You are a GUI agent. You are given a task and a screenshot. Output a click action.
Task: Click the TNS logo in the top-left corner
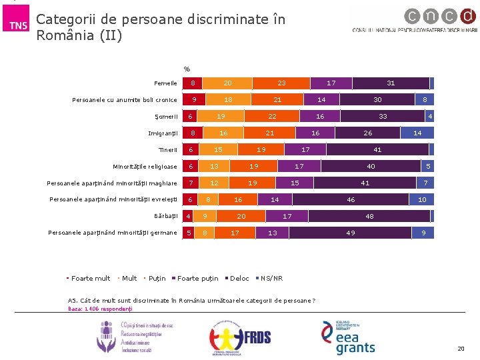(x=18, y=25)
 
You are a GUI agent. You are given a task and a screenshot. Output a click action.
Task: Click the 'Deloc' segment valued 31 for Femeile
(x=391, y=83)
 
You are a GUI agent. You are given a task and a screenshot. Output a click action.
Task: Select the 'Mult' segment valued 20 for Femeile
(x=227, y=83)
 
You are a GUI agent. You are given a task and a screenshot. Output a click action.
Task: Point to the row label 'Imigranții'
(x=163, y=133)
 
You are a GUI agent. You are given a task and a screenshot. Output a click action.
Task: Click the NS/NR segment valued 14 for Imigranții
(x=417, y=133)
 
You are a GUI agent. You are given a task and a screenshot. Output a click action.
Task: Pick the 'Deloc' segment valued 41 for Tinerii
(x=377, y=150)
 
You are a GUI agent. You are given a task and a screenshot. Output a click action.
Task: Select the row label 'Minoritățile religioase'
(x=145, y=167)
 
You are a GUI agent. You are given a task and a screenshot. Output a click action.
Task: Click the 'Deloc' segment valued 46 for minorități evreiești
(x=351, y=199)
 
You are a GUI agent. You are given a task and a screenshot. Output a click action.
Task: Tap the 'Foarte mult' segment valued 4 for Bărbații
(x=189, y=216)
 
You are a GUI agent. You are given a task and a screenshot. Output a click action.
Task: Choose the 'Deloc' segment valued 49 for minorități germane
(x=350, y=233)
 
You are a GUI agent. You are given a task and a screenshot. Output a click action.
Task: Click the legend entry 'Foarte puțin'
(x=197, y=279)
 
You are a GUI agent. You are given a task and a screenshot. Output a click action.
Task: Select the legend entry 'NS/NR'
(x=271, y=279)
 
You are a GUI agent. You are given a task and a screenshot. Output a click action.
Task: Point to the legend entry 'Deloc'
(x=239, y=279)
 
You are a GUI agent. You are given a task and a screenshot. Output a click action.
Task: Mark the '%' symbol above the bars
(x=187, y=69)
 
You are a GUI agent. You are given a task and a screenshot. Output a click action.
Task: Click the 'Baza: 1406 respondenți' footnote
(x=100, y=309)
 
